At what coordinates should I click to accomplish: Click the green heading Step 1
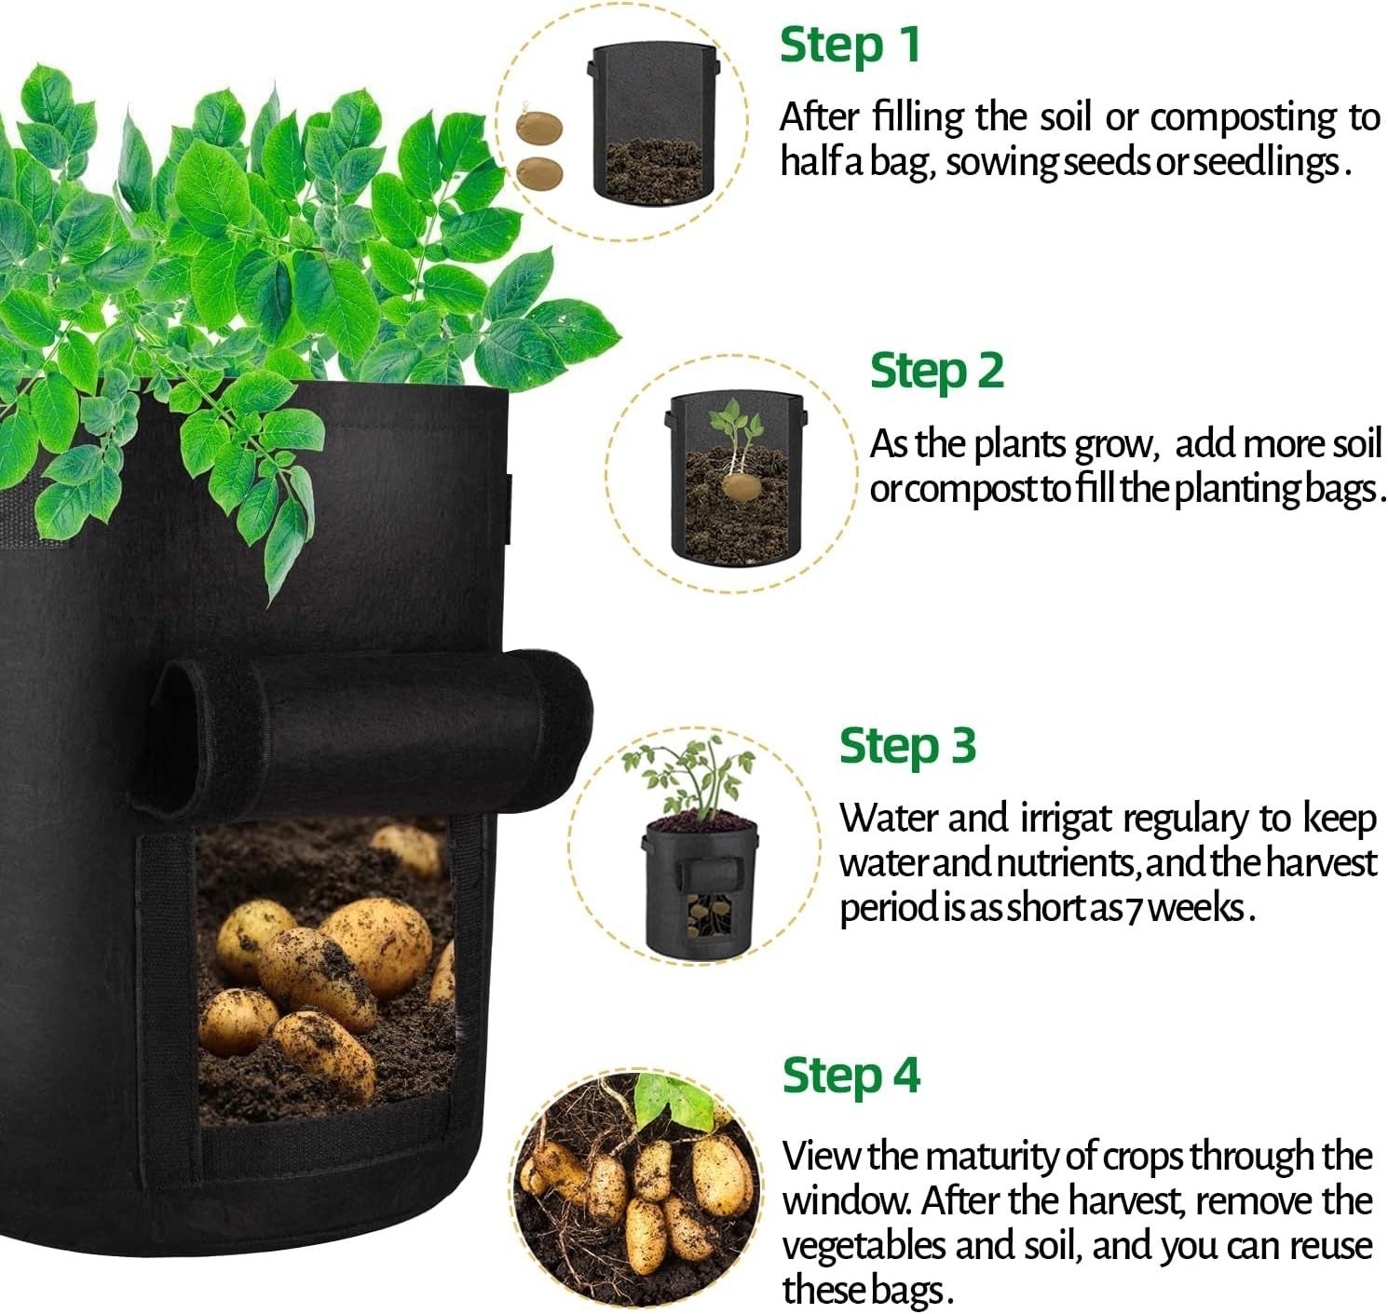click(850, 46)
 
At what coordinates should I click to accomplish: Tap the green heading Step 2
click(936, 372)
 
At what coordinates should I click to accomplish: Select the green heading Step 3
click(907, 746)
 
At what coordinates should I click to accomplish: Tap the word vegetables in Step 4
click(864, 1245)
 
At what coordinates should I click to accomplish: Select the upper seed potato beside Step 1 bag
click(538, 129)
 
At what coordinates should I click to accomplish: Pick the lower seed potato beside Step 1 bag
click(540, 173)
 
